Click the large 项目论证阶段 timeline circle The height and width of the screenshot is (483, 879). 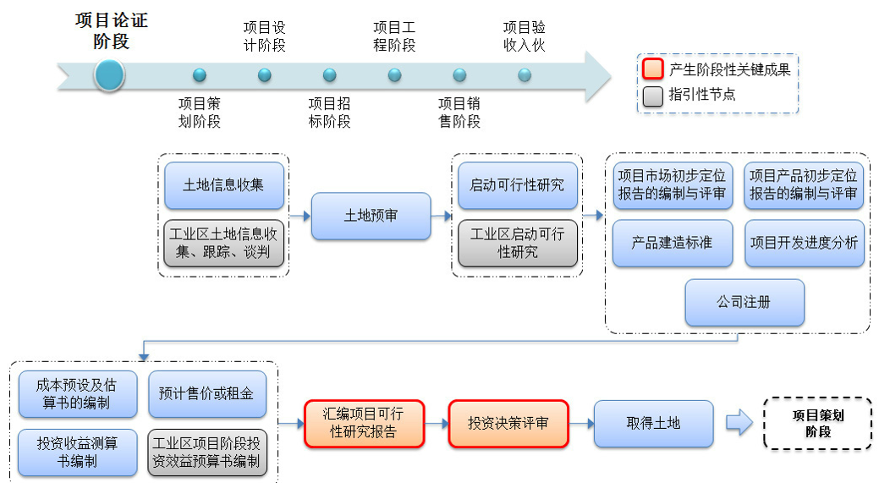(109, 75)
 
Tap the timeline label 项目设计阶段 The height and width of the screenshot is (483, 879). (264, 36)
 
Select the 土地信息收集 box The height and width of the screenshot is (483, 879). (223, 184)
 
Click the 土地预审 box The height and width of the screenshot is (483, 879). (371, 216)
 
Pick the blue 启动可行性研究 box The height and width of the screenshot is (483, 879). (517, 184)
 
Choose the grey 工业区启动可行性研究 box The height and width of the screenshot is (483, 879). (517, 243)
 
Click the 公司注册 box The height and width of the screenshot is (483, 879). (744, 302)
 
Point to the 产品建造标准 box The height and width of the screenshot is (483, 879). (672, 243)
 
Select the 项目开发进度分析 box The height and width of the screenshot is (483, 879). (804, 243)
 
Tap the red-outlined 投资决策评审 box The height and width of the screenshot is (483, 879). (508, 424)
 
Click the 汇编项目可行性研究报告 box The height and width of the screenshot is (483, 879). (363, 424)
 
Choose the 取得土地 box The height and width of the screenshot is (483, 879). (653, 424)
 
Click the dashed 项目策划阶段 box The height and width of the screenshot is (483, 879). (817, 423)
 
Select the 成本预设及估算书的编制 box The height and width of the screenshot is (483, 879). (78, 393)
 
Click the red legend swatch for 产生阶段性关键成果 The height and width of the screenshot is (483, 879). (652, 69)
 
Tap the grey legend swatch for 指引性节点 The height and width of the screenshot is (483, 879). (652, 96)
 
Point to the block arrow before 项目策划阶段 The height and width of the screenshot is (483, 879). (739, 424)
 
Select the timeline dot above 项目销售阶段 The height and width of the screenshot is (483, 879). (459, 75)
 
